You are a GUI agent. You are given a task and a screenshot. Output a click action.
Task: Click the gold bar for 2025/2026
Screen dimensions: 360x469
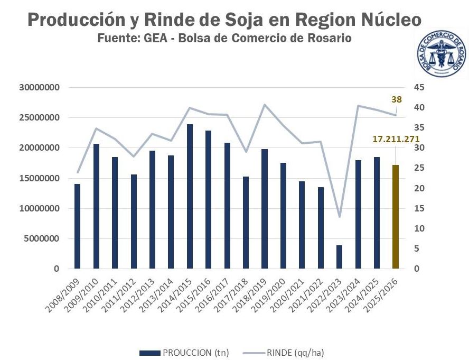[395, 217]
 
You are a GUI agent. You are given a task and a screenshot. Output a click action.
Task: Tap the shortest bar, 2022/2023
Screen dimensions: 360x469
[339, 257]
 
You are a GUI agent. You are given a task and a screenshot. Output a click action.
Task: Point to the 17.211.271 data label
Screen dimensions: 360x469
[396, 139]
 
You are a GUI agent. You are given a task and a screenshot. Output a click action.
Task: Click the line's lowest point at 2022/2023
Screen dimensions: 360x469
[339, 217]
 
